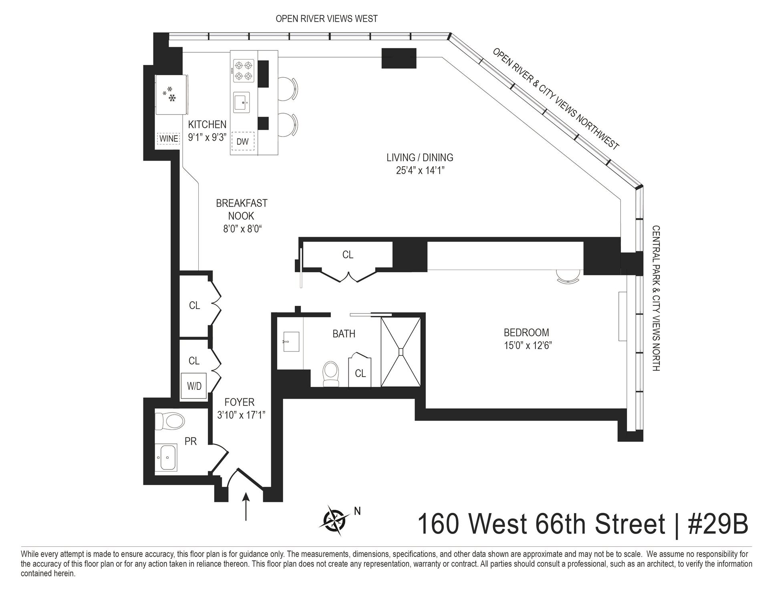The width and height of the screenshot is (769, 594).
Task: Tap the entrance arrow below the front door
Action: point(246,507)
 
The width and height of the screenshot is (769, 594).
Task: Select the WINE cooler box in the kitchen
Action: point(169,139)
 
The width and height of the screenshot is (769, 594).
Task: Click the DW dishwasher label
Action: point(243,141)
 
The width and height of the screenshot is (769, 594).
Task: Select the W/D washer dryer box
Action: point(194,386)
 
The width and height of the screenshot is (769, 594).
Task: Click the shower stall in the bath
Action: point(401,351)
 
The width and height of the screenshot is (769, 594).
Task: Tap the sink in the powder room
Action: point(166,457)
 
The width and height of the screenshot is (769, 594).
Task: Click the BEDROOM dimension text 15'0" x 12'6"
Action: point(527,345)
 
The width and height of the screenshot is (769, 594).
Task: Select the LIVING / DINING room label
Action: point(419,157)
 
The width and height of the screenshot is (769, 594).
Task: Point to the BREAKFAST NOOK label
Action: point(241,209)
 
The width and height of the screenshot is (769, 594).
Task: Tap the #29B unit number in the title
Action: point(718,524)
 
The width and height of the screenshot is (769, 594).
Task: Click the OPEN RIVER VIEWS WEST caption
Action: point(326,18)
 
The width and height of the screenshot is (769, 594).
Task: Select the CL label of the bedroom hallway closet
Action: point(348,255)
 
